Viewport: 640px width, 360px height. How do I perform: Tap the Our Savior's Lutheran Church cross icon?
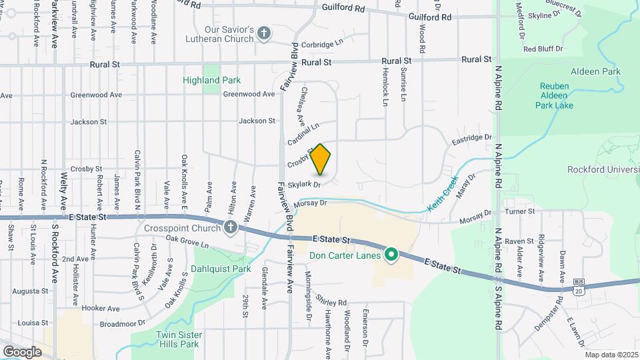point(264,33)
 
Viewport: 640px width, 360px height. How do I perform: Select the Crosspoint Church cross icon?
point(231,228)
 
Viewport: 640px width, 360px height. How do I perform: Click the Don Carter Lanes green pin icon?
point(392,255)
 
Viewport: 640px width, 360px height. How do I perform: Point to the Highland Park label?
point(212,80)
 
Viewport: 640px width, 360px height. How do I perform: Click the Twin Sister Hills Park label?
point(178,339)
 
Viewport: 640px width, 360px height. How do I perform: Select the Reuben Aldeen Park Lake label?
point(555,95)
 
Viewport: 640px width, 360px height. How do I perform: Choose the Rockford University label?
point(603,169)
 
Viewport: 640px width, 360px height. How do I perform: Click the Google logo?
point(22,351)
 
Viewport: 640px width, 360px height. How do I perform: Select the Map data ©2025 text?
point(611,355)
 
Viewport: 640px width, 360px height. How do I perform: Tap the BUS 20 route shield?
point(578,287)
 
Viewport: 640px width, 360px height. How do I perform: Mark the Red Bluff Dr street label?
point(543,49)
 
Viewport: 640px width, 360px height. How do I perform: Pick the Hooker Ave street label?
point(101,309)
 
